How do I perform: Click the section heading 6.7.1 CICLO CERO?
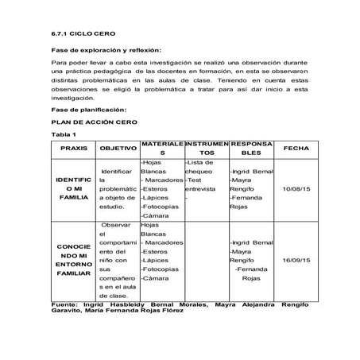click(77, 33)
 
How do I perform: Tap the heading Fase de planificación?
click(88, 109)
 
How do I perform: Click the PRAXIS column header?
click(73, 149)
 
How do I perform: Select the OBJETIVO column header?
click(117, 149)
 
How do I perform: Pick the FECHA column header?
click(296, 149)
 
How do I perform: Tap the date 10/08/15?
click(296, 188)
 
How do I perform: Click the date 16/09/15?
click(296, 259)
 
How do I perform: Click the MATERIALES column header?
click(161, 149)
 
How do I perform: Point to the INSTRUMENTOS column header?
click(206, 149)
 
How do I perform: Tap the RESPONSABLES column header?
click(251, 149)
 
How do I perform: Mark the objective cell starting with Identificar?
click(117, 188)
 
